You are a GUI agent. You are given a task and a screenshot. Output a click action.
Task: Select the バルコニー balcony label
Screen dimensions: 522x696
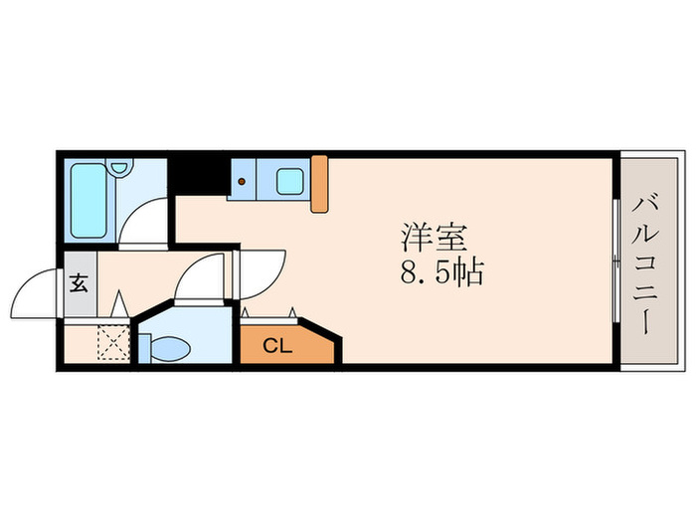pos(643,266)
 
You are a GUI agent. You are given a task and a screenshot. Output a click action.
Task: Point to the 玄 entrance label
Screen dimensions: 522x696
pos(80,281)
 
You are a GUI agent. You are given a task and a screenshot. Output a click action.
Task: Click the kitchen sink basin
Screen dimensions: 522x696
pos(289,182)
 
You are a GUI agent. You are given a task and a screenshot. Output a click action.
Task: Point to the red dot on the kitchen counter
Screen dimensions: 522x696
pos(242,182)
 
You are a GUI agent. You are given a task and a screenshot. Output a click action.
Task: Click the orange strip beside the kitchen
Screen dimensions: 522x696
pos(319,184)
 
